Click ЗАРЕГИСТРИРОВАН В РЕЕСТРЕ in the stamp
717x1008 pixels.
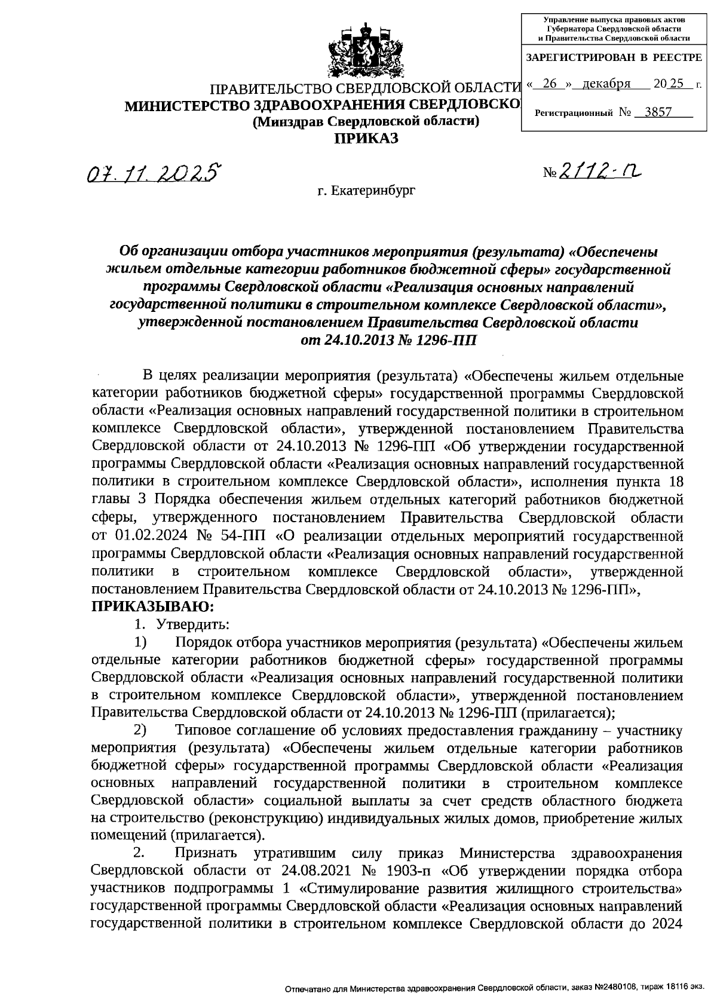613,57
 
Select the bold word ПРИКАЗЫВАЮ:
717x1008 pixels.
152,607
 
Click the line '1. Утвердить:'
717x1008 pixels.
181,625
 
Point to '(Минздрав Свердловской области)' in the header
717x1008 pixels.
366,122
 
